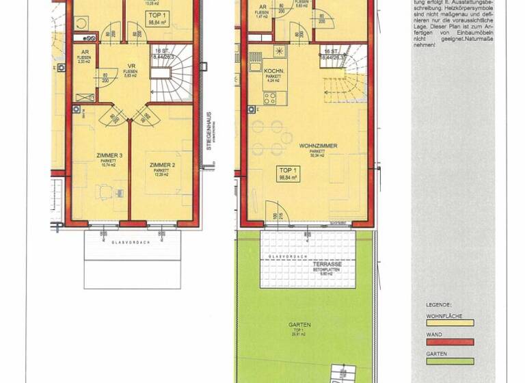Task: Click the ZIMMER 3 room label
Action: point(109,156)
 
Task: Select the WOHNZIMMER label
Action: point(315,146)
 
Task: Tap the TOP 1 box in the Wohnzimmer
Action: point(288,172)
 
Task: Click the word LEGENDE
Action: point(437,304)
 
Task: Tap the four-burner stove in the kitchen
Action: point(269,97)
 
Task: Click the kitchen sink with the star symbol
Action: point(279,51)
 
